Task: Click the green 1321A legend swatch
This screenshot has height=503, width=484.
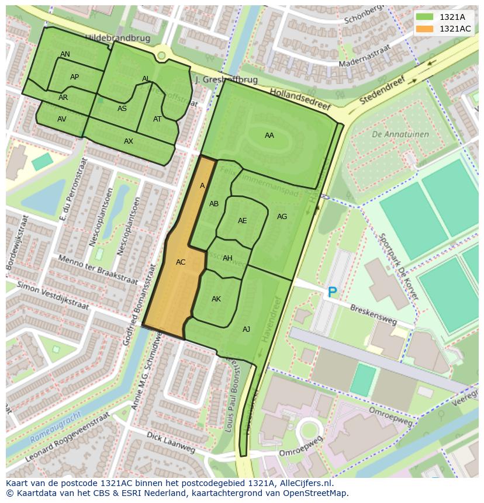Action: point(425,17)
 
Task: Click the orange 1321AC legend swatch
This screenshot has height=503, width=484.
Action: point(425,29)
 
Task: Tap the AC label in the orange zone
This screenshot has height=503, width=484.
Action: point(181,262)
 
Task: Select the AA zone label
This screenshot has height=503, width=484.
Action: point(269,136)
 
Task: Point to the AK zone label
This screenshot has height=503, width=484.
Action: point(216,299)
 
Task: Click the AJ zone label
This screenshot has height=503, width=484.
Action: point(246,329)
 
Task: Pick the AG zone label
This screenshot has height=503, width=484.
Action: point(282,217)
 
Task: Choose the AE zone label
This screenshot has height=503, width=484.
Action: point(242,221)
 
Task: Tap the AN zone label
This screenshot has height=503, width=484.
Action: point(65,54)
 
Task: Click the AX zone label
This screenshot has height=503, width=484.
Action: point(129,141)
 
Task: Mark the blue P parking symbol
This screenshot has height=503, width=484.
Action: point(332,292)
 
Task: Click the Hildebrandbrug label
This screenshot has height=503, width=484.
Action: point(117,38)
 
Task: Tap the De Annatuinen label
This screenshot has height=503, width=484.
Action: point(400,134)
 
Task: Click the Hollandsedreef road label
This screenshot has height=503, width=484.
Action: point(300,99)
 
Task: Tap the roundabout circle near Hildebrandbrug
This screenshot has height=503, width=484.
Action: point(161,55)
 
